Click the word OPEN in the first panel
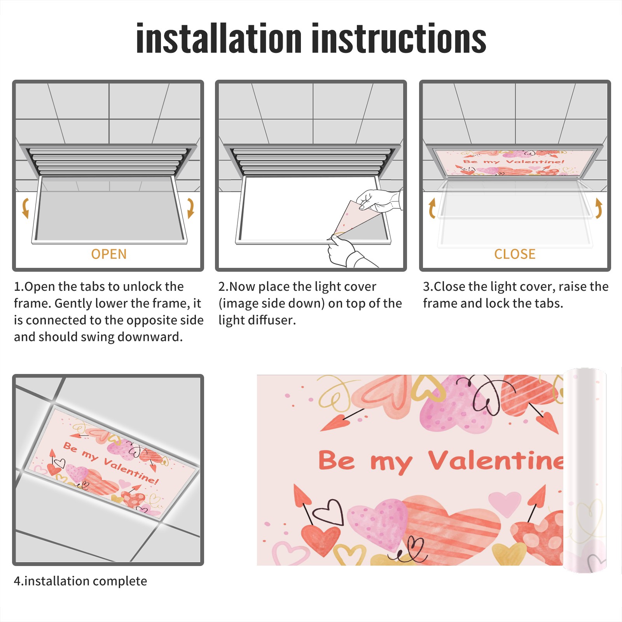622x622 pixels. (109, 254)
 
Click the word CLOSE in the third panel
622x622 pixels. (515, 254)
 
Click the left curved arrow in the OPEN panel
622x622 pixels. (25, 208)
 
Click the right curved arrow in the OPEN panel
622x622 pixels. (190, 208)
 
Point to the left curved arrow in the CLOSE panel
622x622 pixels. (432, 208)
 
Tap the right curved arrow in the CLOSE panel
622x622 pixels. (599, 208)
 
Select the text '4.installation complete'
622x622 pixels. (80, 581)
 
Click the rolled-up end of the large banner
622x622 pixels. (585, 470)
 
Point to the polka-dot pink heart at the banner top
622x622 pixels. (455, 406)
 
